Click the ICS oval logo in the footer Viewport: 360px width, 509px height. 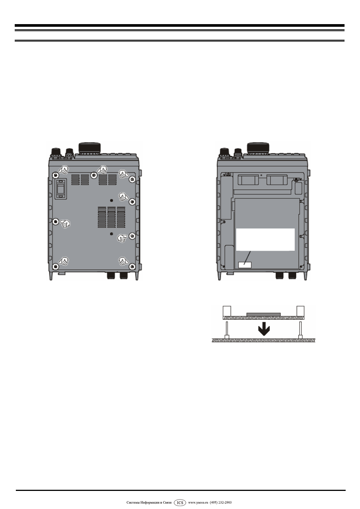coord(180,503)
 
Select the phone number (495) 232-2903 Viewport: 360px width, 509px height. coord(221,503)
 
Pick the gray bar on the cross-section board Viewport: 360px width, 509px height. coord(263,314)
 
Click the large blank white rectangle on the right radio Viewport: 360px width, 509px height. coord(265,239)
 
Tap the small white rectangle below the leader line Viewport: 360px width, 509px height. coord(245,265)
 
